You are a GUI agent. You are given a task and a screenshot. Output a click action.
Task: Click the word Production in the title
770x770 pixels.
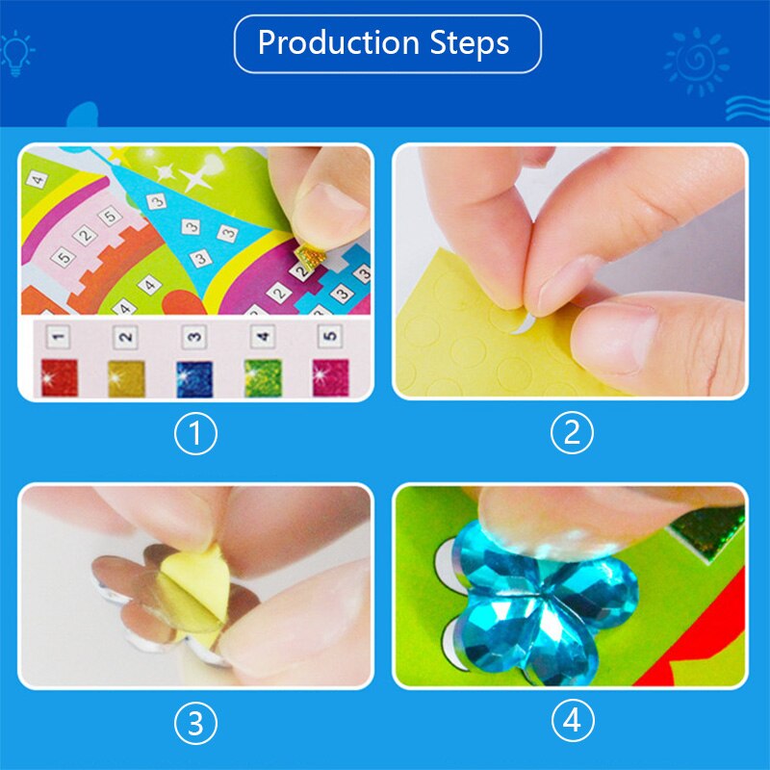pos(339,42)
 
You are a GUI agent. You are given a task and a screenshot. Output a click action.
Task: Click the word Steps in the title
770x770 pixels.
pos(470,42)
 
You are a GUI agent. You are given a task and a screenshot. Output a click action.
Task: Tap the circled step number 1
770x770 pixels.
pos(195,434)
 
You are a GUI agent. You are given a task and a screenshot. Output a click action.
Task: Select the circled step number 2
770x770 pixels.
pos(572,432)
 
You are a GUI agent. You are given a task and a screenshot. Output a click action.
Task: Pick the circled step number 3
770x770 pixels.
pos(195,723)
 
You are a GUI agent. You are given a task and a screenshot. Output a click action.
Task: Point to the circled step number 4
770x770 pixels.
pos(573,721)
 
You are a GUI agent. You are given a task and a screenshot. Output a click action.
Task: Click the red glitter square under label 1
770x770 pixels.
pos(60,377)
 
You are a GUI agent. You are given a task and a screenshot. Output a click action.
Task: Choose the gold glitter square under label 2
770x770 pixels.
pos(127,378)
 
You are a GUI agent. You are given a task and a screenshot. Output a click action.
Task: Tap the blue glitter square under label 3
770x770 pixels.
pos(194,378)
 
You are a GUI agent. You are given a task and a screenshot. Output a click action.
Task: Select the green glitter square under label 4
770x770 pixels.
pos(263,377)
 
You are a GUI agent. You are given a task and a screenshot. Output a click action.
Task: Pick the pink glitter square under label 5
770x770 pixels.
pos(330,377)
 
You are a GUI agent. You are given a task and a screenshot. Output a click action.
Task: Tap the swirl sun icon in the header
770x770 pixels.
pos(696,62)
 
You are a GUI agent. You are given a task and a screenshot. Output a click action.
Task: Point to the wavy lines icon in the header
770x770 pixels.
pos(748,109)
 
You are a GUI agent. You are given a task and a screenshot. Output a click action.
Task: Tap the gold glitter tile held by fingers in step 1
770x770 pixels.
pos(308,254)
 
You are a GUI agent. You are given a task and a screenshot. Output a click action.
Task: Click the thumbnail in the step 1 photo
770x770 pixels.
pos(329,210)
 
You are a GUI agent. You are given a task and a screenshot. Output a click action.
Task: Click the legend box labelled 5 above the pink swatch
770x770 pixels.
pos(329,336)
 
